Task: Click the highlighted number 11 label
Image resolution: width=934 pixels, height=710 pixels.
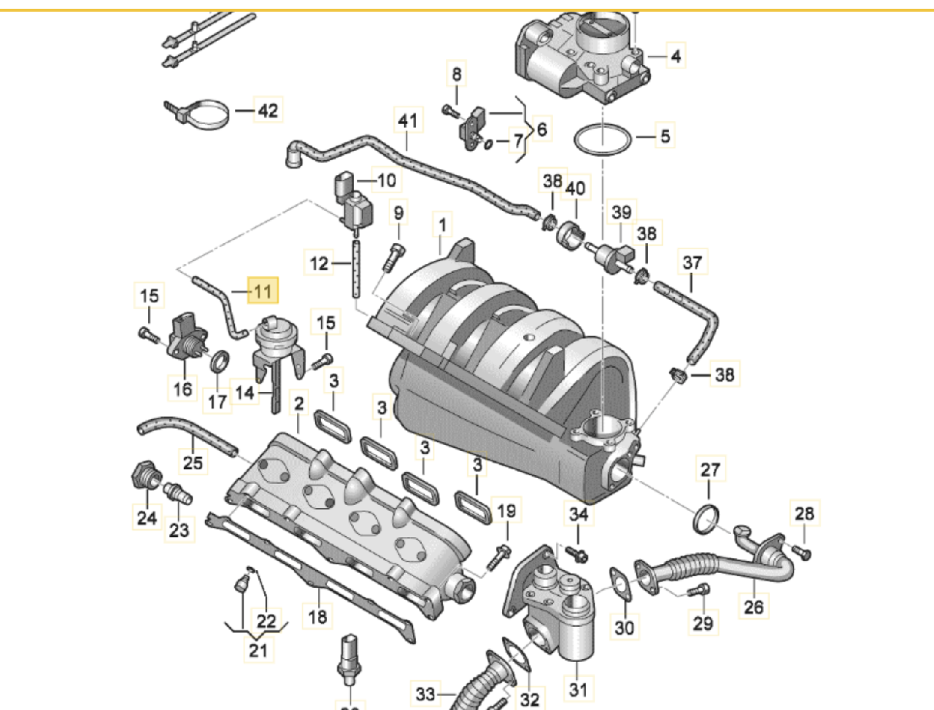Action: coord(263,290)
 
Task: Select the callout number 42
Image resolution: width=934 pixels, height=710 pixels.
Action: coord(269,111)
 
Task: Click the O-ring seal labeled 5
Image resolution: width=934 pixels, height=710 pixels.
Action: coord(603,139)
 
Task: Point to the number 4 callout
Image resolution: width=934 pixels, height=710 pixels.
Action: coord(676,55)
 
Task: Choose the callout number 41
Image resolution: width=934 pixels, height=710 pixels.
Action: coord(409,120)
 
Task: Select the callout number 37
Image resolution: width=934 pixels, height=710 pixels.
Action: coord(692,262)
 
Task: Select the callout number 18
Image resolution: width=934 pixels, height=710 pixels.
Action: coord(317,617)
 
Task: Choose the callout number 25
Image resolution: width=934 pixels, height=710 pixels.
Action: coord(193,462)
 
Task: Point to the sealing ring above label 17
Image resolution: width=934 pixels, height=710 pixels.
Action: coord(220,360)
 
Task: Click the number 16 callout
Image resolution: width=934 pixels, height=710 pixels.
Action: coord(182,388)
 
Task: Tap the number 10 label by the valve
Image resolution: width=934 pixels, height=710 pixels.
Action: coord(385,180)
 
